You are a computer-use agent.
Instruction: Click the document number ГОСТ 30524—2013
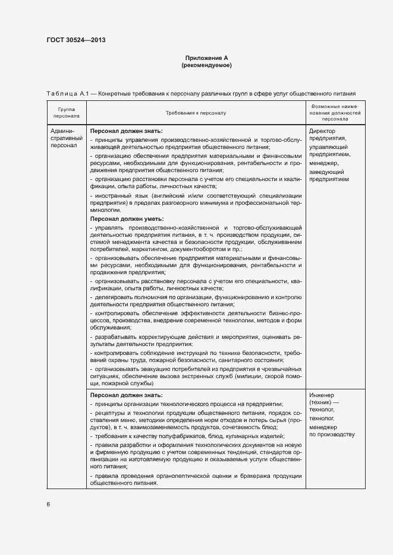76,41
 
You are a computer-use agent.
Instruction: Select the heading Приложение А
206,58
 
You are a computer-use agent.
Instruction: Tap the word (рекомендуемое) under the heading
206,65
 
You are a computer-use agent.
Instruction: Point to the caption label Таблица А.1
67,93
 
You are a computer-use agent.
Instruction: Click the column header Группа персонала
66,112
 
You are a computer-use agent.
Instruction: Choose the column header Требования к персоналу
196,112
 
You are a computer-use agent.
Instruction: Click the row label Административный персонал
63,138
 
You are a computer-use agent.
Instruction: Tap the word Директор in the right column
323,131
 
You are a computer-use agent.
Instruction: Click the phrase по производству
332,435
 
